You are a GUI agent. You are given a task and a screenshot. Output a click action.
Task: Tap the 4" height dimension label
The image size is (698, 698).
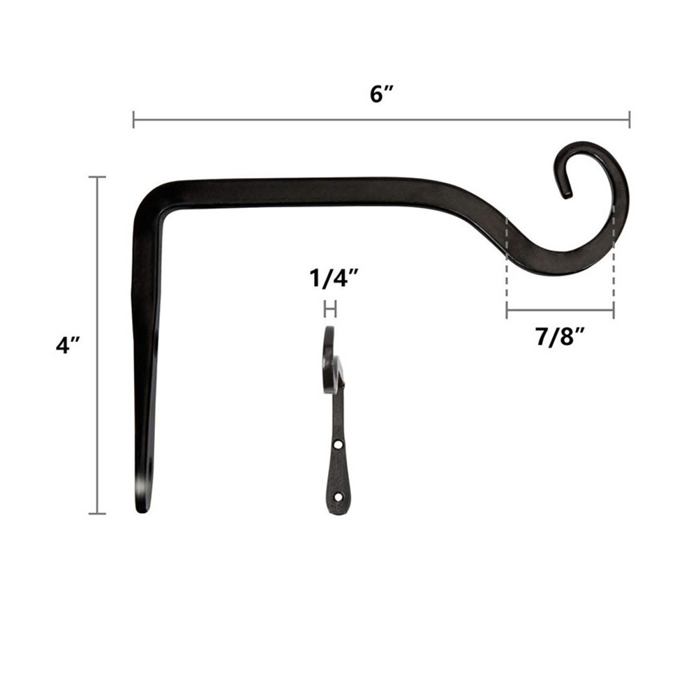pos(68,346)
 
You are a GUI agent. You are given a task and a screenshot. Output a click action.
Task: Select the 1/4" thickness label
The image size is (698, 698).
pos(334,280)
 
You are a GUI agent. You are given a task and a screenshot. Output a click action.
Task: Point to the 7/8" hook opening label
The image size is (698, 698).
pos(560,336)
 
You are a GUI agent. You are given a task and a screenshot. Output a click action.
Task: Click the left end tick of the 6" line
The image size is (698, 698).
pos(133,119)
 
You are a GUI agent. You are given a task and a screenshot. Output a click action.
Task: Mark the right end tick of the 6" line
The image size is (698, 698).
pos(629,119)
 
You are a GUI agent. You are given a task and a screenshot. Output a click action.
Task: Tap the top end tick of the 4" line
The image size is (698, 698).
pos(97,177)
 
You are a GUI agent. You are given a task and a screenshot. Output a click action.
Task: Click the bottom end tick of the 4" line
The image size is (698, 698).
pos(97,514)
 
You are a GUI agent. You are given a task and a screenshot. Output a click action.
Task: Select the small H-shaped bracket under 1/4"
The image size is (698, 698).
pos(330,309)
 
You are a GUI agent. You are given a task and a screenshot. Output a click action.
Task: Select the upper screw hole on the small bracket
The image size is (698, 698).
pos(338,444)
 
